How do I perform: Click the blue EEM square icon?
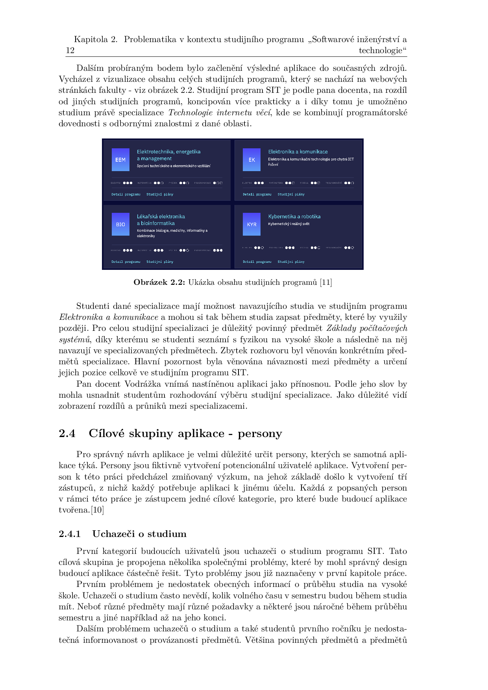(x=120, y=160)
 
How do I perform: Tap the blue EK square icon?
(x=251, y=160)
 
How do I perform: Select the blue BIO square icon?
(x=120, y=224)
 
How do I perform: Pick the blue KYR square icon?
(x=251, y=224)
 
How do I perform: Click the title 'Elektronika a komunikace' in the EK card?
(x=298, y=152)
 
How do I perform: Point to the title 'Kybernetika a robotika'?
(x=294, y=217)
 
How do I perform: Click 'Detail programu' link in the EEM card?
(x=126, y=194)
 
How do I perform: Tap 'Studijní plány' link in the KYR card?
(x=291, y=262)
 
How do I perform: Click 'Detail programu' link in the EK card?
(x=257, y=194)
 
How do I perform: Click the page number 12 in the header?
(x=70, y=50)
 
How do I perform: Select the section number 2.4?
(x=67, y=434)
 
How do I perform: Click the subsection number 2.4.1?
(x=70, y=534)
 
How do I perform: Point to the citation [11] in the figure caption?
(x=326, y=282)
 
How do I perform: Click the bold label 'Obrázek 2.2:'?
(x=159, y=282)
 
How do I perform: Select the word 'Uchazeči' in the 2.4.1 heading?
(x=112, y=534)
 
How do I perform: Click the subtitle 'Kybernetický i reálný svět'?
(x=289, y=224)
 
